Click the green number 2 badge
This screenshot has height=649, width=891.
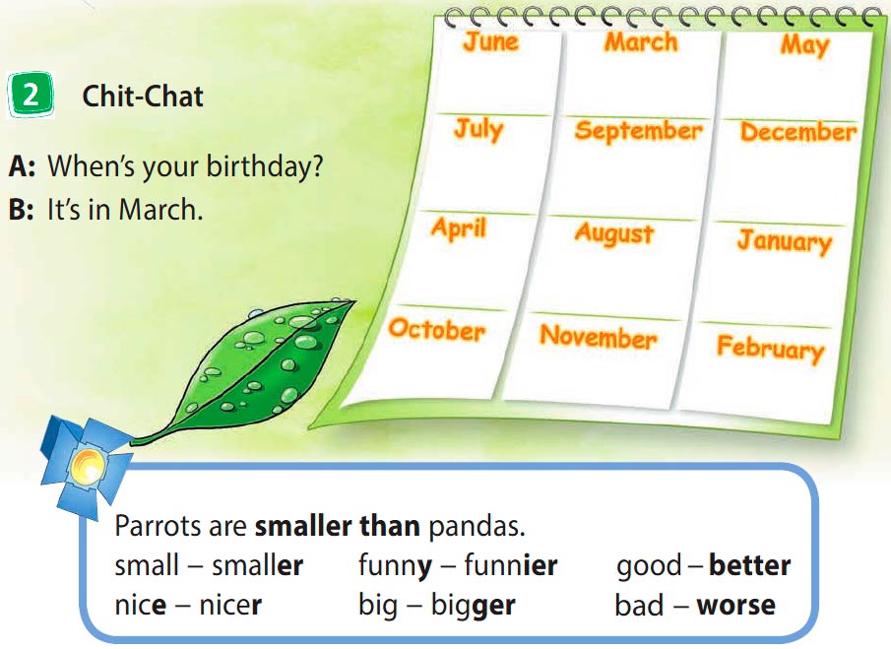tap(31, 95)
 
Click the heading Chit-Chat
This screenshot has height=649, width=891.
tap(143, 97)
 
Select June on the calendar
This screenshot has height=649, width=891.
tap(491, 42)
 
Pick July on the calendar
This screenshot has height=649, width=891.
tap(478, 130)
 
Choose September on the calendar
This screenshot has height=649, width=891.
tap(638, 131)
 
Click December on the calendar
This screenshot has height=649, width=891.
tap(798, 132)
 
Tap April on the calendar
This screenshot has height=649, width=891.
tap(459, 228)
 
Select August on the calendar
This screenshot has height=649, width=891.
tap(614, 233)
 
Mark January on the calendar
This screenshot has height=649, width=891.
tap(785, 241)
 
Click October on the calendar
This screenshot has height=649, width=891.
tap(437, 330)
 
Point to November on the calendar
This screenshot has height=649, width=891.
tap(599, 337)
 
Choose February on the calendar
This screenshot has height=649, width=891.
tap(771, 348)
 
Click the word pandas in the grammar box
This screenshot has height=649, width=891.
tap(477, 527)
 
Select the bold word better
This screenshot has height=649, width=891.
tap(750, 565)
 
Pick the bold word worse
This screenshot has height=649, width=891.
tap(735, 606)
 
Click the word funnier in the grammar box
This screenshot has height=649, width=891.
tap(510, 565)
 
